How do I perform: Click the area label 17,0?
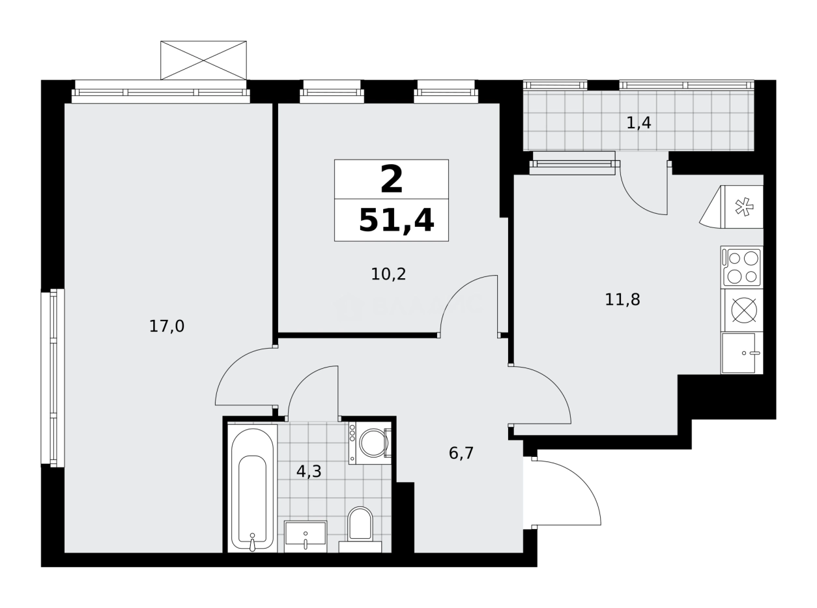(167, 326)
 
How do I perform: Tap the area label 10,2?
(388, 274)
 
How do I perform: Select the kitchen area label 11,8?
(622, 300)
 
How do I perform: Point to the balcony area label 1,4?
(638, 123)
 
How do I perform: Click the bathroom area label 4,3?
(309, 471)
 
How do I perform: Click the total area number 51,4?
(396, 221)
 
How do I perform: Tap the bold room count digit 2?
(391, 180)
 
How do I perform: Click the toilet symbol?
(360, 525)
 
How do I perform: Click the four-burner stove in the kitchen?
(741, 267)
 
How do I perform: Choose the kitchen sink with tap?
(741, 353)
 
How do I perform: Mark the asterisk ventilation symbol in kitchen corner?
(743, 207)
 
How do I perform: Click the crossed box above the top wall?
(204, 60)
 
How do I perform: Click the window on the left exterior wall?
(53, 378)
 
